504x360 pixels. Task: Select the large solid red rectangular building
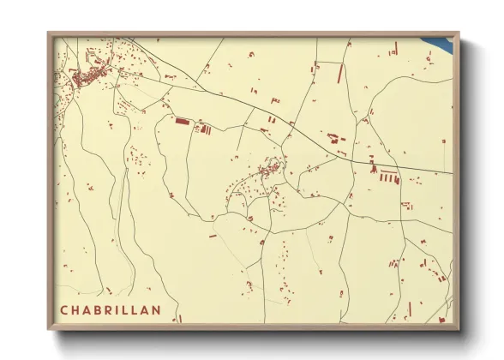tap(181, 122)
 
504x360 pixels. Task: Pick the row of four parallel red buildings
tap(389, 178)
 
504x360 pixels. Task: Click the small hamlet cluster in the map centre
tap(267, 171)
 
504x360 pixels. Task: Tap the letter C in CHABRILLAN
tap(64, 310)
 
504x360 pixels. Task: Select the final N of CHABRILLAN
tap(156, 310)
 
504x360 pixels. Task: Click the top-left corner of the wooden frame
tap(49, 33)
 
